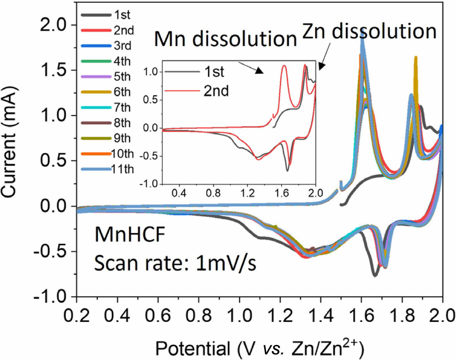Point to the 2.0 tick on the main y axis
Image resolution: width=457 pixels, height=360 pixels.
(x=56, y=25)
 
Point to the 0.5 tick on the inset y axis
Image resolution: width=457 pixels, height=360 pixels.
(x=151, y=100)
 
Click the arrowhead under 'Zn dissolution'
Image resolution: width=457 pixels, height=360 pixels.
(x=321, y=66)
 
